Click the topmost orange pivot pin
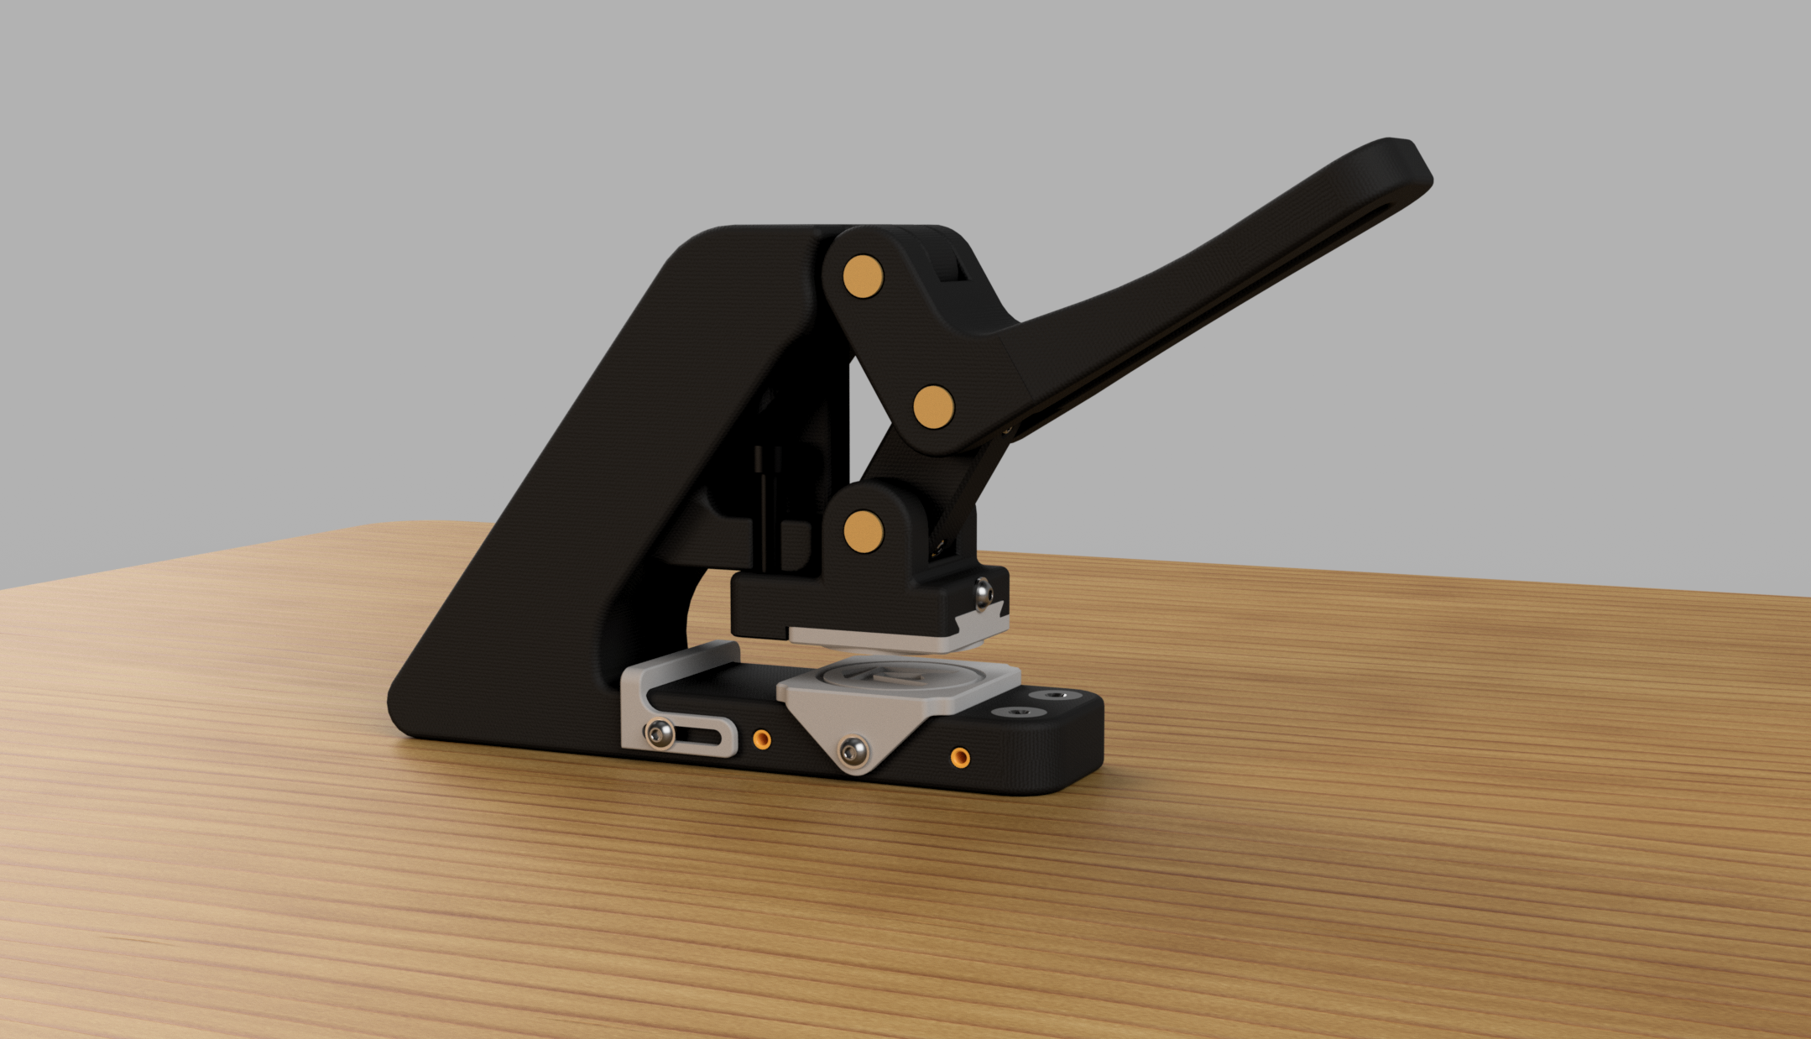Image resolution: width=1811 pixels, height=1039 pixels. tap(864, 276)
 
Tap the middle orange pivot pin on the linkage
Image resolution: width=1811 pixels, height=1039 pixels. tap(933, 407)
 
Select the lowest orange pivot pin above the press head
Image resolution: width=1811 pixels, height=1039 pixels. tap(864, 530)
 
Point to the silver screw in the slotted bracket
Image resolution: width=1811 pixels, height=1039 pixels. tap(660, 736)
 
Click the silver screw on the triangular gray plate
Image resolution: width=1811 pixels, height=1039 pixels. tap(854, 750)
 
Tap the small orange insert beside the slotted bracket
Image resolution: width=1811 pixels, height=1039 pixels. tap(762, 739)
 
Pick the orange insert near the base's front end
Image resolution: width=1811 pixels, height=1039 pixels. tap(960, 759)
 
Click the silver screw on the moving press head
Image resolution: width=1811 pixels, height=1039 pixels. tap(983, 593)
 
